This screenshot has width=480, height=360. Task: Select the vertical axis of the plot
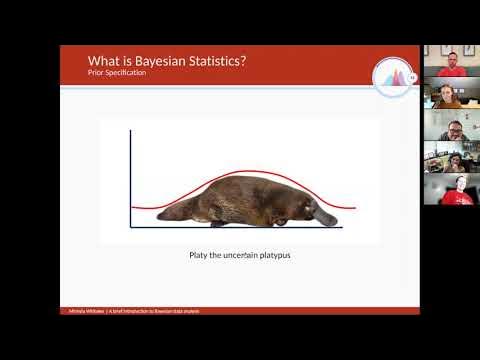131,180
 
